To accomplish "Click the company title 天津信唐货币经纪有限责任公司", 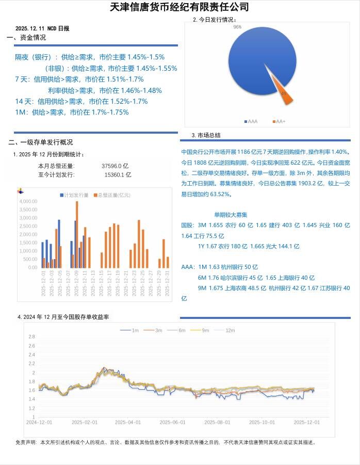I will pyautogui.click(x=179, y=7).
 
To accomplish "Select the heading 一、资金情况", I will pyautogui.click(x=26, y=37).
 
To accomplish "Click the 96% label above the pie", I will pyautogui.click(x=238, y=26).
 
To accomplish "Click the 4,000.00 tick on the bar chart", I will pyautogui.click(x=28, y=201).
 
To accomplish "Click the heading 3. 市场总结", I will pyautogui.click(x=206, y=135).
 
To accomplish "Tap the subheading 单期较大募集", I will pyautogui.click(x=231, y=214).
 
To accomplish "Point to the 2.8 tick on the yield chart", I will pyautogui.click(x=31, y=336).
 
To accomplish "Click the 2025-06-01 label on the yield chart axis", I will pyautogui.click(x=172, y=422).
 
